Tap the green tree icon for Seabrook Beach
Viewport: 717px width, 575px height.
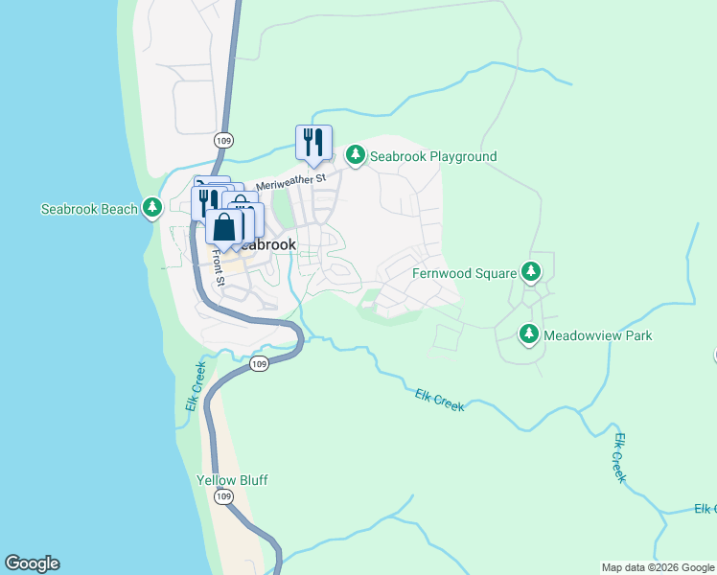pyautogui.click(x=152, y=208)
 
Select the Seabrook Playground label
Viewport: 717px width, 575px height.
pyautogui.click(x=433, y=156)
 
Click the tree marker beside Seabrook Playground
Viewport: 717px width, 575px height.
pyautogui.click(x=356, y=155)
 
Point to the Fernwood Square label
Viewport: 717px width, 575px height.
pyautogui.click(x=464, y=273)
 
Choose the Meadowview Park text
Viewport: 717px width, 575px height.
pyautogui.click(x=597, y=335)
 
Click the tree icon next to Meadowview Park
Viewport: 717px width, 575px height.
pyautogui.click(x=528, y=334)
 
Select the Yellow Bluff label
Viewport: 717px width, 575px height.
pyautogui.click(x=232, y=480)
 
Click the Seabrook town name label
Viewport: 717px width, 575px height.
pyautogui.click(x=266, y=244)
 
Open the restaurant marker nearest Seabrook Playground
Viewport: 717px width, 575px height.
pyautogui.click(x=313, y=143)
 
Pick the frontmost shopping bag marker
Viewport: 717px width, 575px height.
pyautogui.click(x=224, y=228)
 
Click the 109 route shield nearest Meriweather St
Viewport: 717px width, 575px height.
pyautogui.click(x=224, y=140)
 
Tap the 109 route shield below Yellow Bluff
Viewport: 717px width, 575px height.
pyautogui.click(x=224, y=497)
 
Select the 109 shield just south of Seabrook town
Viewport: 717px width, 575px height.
pyautogui.click(x=259, y=364)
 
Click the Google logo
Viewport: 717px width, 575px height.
pyautogui.click(x=32, y=563)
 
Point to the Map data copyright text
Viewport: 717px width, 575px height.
pyautogui.click(x=658, y=567)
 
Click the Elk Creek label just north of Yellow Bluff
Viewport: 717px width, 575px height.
pyautogui.click(x=195, y=386)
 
